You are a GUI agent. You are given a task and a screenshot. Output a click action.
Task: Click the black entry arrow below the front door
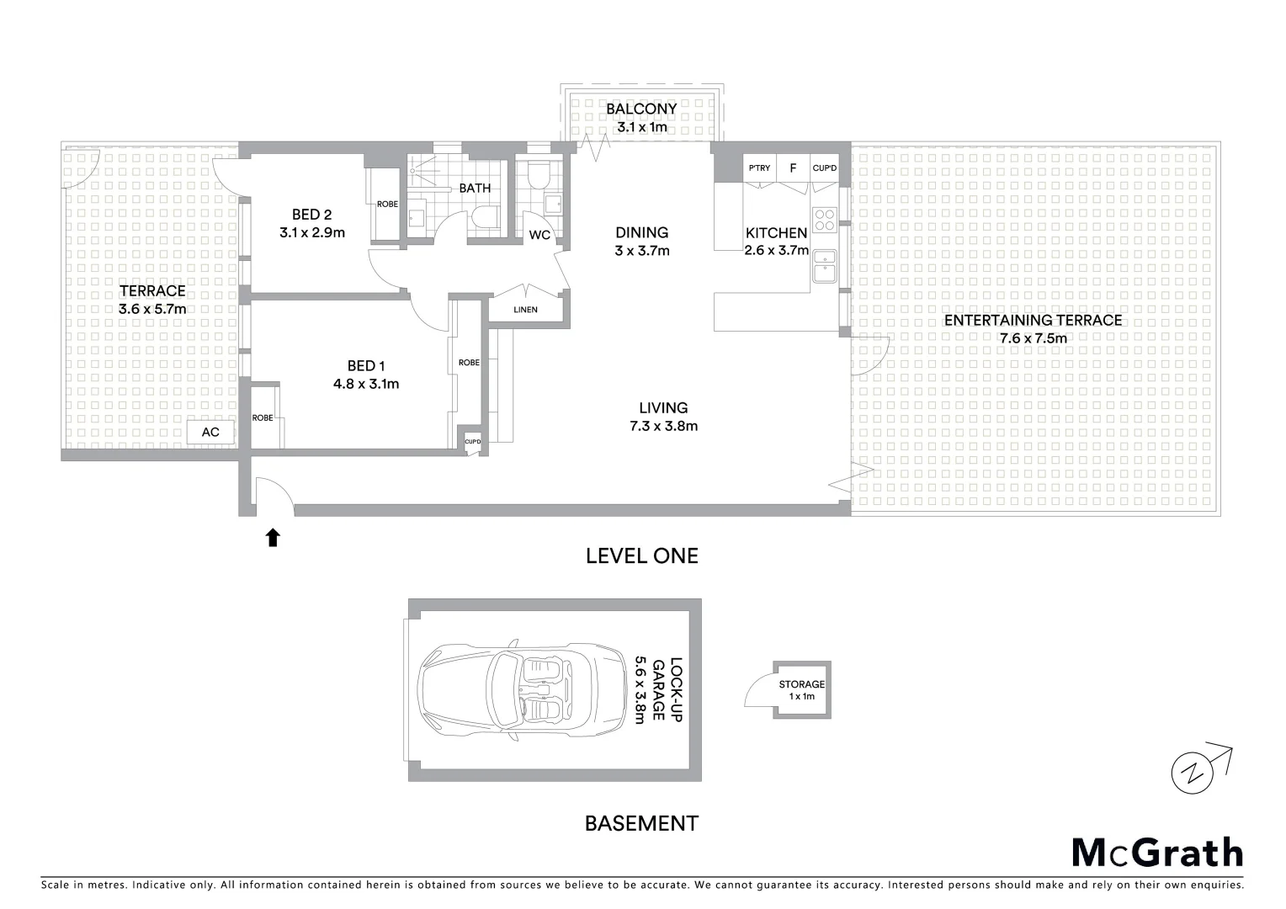click(x=273, y=538)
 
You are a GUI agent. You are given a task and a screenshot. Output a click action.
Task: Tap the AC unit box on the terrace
click(x=210, y=432)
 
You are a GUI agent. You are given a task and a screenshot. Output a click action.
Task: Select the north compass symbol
click(x=1193, y=769)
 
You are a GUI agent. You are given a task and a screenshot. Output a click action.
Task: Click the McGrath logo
click(x=1157, y=853)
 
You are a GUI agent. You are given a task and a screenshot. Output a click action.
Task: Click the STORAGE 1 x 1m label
click(x=801, y=690)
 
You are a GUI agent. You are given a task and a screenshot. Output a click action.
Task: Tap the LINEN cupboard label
click(x=525, y=310)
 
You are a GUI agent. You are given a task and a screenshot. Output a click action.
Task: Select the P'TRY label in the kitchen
click(x=759, y=168)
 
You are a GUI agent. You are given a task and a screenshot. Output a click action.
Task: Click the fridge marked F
click(x=793, y=168)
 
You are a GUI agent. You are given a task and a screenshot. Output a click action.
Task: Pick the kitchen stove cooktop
click(x=824, y=219)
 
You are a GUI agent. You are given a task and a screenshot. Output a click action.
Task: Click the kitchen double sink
click(x=823, y=265)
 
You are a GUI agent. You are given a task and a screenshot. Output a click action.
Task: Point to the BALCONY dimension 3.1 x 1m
click(x=641, y=127)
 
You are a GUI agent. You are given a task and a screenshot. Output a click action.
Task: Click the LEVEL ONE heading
click(x=641, y=555)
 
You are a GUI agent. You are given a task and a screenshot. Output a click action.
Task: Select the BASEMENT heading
click(x=641, y=823)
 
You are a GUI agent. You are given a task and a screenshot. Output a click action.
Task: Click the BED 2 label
click(x=312, y=215)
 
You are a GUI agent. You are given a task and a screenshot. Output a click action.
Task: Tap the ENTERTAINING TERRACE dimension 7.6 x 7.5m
click(x=1033, y=338)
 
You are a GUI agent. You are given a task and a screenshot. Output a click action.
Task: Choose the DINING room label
click(x=641, y=232)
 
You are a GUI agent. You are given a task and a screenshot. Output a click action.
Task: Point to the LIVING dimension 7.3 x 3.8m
click(x=663, y=426)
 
